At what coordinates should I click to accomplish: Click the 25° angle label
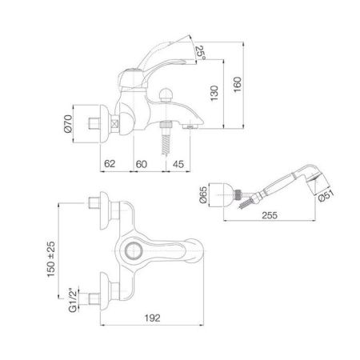(201, 53)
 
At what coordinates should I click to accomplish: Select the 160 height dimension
(237, 84)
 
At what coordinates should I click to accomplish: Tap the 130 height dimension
(214, 93)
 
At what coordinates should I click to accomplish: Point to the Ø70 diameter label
(68, 124)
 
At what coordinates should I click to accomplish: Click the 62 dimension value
(110, 163)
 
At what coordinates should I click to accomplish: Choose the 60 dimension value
(142, 164)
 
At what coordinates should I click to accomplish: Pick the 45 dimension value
(178, 164)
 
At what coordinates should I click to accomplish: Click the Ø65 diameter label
(203, 194)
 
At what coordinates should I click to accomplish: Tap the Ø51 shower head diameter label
(326, 196)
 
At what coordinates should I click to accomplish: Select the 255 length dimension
(270, 215)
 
